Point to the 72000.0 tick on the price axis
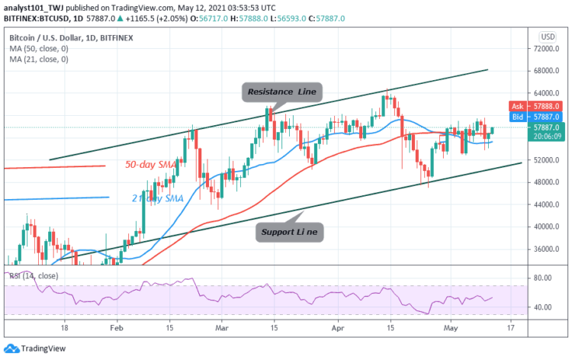(546, 49)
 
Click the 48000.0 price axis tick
(546, 182)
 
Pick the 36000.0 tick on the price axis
(546, 249)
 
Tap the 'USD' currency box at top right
(546, 36)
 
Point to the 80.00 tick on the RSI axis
(543, 278)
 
